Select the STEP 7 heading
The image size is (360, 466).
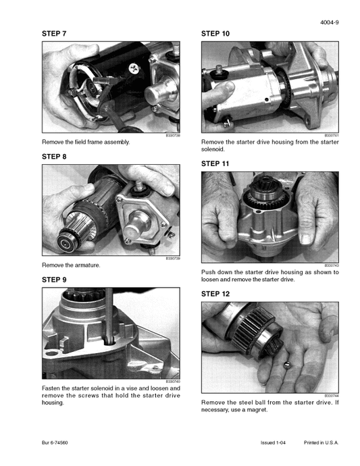point(54,33)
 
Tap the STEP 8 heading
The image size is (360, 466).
point(54,156)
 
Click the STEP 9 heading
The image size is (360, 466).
point(54,279)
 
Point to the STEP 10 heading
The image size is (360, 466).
point(215,33)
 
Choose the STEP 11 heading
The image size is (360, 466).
point(215,163)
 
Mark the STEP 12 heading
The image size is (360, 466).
point(215,294)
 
